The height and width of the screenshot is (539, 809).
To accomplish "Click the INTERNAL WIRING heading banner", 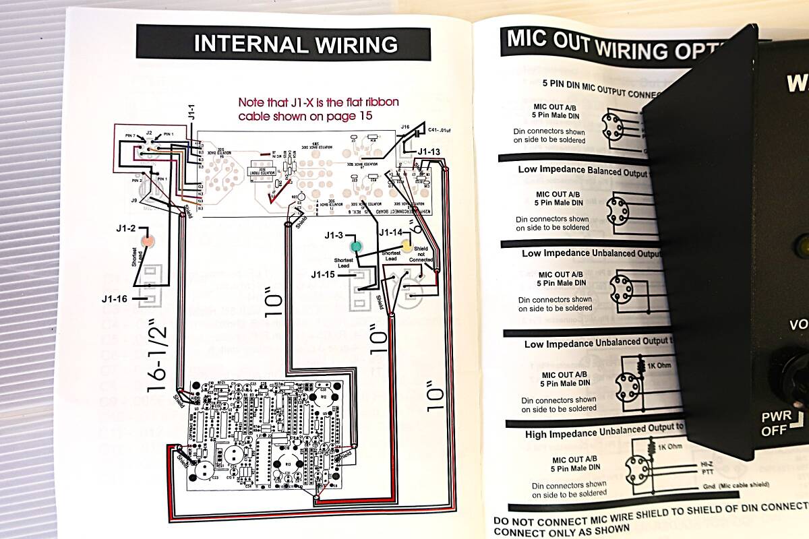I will point(283,44).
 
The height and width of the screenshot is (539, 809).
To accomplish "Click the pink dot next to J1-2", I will point(145,240).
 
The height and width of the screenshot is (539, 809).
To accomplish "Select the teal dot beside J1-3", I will point(355,247).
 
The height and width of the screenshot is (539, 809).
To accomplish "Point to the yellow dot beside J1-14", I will point(406,245).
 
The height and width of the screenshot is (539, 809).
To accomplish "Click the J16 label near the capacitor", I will point(404,127).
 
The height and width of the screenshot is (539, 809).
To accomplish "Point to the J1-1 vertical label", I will point(192,113).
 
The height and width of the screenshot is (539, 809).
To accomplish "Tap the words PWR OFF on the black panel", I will point(777,422).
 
